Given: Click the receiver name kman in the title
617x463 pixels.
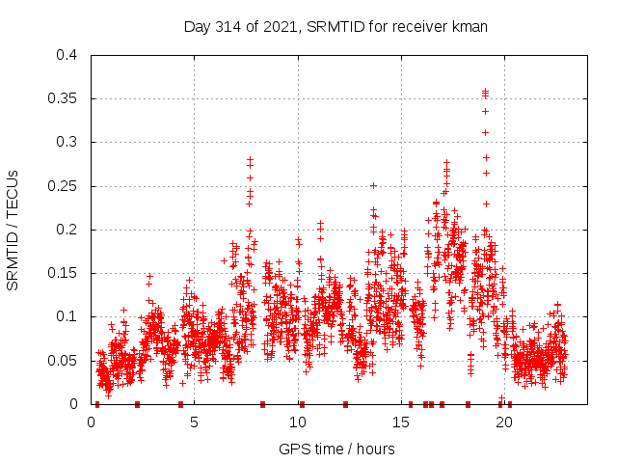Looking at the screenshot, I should click(469, 27).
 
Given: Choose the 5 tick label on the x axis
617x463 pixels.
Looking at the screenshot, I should click(195, 422).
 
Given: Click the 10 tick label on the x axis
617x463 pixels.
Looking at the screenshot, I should click(298, 422).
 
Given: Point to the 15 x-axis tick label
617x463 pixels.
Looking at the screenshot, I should click(401, 422).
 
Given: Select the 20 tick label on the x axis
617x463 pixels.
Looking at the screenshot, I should click(504, 422).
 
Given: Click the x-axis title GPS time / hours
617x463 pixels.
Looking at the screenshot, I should click(336, 449).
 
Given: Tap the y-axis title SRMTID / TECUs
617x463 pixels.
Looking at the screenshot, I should click(13, 230).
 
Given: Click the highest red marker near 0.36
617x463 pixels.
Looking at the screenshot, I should click(486, 92).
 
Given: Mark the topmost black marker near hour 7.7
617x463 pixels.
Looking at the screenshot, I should click(251, 159).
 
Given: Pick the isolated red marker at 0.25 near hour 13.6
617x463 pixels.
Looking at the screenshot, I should click(373, 185).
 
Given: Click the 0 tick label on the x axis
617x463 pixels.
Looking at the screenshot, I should click(92, 422).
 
